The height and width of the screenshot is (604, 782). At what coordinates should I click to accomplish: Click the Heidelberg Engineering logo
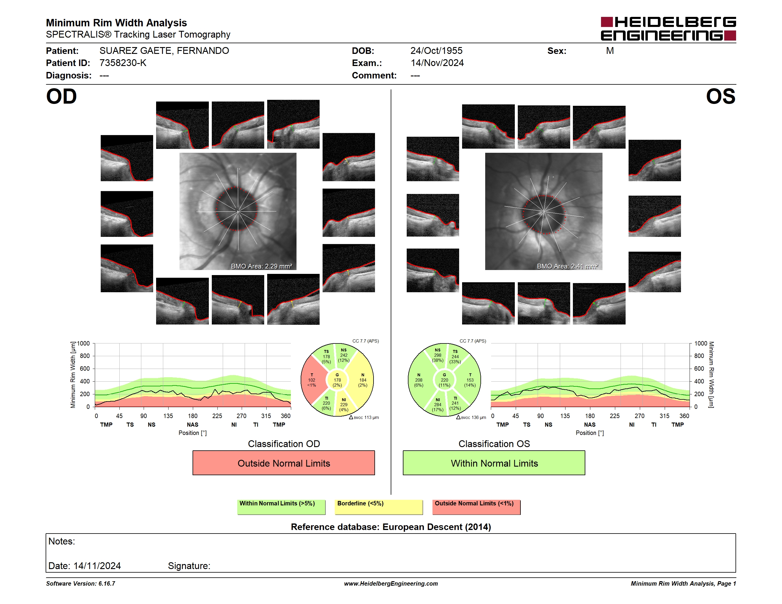pyautogui.click(x=668, y=29)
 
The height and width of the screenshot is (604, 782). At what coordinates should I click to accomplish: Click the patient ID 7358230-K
pyautogui.click(x=123, y=63)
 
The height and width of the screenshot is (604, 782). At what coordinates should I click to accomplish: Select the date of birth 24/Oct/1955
pyautogui.click(x=436, y=51)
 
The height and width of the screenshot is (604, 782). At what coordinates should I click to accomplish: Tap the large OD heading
pyautogui.click(x=61, y=97)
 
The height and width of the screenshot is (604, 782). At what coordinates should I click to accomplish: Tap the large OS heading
pyautogui.click(x=720, y=97)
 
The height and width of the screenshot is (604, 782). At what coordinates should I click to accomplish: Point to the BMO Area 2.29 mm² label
pyautogui.click(x=261, y=266)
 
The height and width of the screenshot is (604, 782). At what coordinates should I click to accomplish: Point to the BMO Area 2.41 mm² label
pyautogui.click(x=568, y=266)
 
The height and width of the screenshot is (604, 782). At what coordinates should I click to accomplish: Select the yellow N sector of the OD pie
pyautogui.click(x=362, y=380)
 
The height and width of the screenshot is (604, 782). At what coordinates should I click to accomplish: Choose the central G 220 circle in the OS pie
pyautogui.click(x=444, y=380)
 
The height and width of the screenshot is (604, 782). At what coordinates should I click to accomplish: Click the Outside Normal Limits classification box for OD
pyautogui.click(x=283, y=463)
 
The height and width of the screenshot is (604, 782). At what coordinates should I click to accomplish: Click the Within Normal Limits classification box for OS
pyautogui.click(x=494, y=463)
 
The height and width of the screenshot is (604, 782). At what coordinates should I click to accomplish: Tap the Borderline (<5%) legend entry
pyautogui.click(x=379, y=507)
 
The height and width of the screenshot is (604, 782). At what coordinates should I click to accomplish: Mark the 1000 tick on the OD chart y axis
pyautogui.click(x=84, y=343)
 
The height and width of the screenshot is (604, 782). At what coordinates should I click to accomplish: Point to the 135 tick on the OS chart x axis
pyautogui.click(x=565, y=416)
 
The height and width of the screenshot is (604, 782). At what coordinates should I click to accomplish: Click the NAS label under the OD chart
pyautogui.click(x=193, y=425)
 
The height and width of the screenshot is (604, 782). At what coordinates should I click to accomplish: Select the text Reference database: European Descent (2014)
pyautogui.click(x=391, y=527)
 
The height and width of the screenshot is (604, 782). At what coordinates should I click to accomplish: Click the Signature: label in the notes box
pyautogui.click(x=189, y=566)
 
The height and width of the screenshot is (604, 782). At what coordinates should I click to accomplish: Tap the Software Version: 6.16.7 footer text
pyautogui.click(x=81, y=584)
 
